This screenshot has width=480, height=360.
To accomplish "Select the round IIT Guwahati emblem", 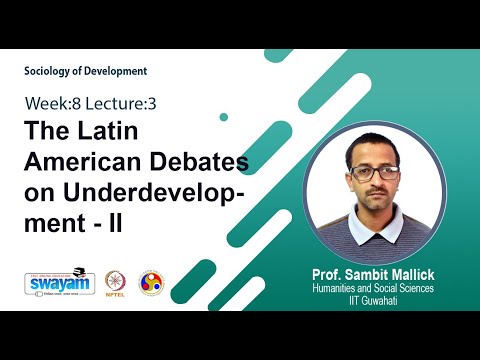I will pyautogui.click(x=150, y=283).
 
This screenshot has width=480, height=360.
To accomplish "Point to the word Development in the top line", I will pyautogui.click(x=118, y=71).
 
